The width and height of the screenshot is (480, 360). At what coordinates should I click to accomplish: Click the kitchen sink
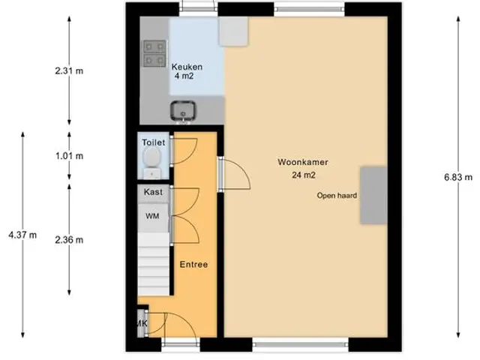coord(183,110)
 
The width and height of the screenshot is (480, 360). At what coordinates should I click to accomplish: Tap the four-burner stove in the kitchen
coord(154,53)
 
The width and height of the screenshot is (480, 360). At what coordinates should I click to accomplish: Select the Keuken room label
coord(187,67)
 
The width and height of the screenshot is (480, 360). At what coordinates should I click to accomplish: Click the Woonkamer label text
coord(303,162)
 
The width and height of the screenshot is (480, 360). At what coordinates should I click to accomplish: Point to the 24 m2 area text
coord(303,175)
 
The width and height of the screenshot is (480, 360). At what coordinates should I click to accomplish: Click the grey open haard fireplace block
coord(373,195)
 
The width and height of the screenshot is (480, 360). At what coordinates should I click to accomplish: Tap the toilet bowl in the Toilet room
coord(152,156)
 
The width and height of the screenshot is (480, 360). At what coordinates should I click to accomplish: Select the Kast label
coord(153,192)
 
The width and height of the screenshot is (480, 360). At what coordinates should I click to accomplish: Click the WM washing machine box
coord(153,217)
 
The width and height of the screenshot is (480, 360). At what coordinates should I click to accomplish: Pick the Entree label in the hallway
coord(193,265)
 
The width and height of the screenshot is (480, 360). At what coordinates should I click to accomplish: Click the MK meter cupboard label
coord(142,323)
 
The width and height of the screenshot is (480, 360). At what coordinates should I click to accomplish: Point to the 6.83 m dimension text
coord(458,177)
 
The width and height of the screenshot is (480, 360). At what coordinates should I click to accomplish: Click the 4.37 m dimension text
coord(22,235)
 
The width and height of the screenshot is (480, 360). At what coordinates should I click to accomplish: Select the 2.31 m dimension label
coord(69,71)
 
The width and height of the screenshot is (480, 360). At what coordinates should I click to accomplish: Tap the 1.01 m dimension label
coord(69,156)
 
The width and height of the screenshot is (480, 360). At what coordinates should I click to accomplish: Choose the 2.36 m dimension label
coord(69,240)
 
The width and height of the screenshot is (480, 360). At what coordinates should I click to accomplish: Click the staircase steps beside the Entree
coord(153,264)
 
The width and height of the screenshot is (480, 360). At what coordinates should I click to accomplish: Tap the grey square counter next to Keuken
coord(233,31)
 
